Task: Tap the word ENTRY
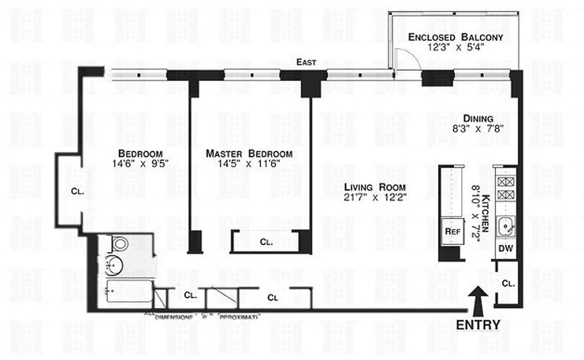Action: point(478,325)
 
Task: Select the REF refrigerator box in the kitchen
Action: point(452,231)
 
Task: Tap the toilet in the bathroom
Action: point(119,244)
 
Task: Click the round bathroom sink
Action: point(113,265)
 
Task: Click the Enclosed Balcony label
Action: point(455,37)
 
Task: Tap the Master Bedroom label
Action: point(249,154)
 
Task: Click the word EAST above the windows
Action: point(306,63)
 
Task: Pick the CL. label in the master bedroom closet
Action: point(266,242)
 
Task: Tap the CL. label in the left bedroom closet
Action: point(77,191)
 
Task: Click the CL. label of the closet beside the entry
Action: point(508,284)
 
